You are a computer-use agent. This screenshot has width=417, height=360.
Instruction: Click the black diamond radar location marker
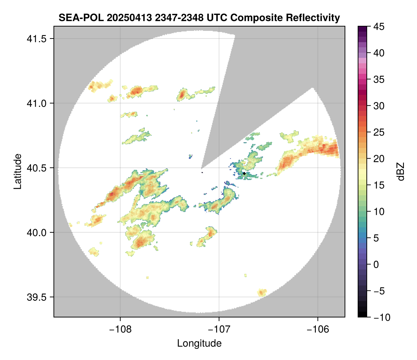[244, 173]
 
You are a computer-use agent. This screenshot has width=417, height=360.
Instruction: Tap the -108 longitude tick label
[120, 329]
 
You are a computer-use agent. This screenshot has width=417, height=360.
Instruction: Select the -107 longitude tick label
[219, 329]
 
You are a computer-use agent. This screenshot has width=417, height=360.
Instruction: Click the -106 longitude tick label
[318, 329]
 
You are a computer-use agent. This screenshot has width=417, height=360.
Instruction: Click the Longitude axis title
[199, 343]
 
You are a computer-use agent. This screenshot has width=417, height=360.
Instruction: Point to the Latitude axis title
[17, 171]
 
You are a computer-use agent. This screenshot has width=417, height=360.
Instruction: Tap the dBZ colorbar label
[401, 171]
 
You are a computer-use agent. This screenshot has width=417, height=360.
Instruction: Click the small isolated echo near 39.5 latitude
[262, 292]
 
